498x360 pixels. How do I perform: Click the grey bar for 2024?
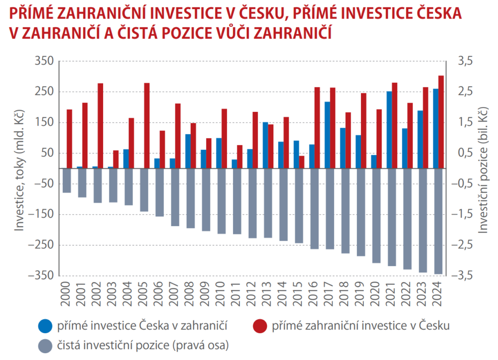tap(438, 221)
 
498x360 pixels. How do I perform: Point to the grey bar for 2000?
tap(67, 180)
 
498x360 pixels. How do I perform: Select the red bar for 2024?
tap(441, 122)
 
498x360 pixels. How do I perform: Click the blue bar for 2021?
tap(389, 129)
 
